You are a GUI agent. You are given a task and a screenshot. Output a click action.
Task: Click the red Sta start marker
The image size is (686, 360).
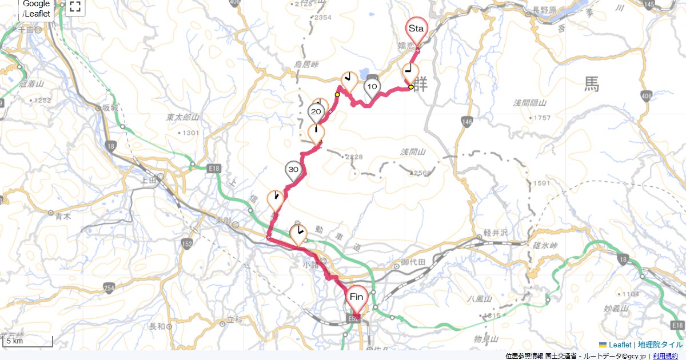(416, 29)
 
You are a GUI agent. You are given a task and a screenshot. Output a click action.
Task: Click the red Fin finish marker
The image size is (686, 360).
(357, 297)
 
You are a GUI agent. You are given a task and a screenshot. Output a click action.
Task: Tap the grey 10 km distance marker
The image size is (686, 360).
(372, 87)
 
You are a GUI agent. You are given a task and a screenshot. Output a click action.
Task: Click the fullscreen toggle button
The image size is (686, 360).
(75, 7)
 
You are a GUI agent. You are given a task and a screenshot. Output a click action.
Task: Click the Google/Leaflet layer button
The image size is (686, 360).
(37, 9)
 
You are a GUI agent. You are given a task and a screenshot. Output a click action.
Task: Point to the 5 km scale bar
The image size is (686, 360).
(27, 342)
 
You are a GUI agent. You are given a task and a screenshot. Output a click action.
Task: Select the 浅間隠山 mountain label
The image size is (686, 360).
(530, 103)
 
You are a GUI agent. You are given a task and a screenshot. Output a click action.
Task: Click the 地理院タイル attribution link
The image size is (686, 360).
(660, 345)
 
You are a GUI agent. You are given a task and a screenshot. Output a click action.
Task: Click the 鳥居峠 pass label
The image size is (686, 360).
(306, 65)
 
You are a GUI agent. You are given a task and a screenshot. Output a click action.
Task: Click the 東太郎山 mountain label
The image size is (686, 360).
(182, 117)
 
